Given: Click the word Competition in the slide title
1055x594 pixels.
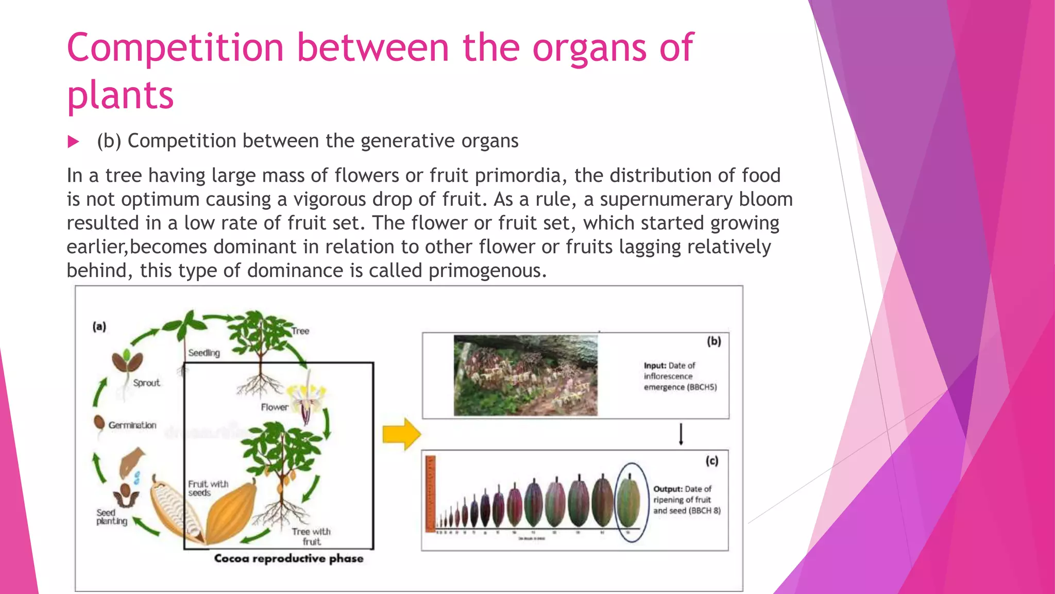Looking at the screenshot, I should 175,47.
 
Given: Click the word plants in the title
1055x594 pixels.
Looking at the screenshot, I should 120,96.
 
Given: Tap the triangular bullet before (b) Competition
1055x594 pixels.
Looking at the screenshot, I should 74,142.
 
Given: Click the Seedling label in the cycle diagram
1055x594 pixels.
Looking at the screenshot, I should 203,353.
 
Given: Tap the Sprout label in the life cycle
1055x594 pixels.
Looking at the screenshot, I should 146,383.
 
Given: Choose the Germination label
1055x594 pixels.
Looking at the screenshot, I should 132,425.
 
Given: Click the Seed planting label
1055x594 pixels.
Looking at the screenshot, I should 111,517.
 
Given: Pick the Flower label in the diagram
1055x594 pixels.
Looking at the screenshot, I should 274,407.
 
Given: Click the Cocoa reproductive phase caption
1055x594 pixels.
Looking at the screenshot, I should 288,558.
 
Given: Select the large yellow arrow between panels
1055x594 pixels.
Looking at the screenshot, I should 401,434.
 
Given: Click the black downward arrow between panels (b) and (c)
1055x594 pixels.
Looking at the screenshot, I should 680,434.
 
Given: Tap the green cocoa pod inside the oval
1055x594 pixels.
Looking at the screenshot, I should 629,502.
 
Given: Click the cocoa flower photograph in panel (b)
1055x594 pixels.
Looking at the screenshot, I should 525,375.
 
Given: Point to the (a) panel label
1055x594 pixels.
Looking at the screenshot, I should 99,326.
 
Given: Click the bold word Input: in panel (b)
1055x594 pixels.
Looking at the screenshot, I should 655,366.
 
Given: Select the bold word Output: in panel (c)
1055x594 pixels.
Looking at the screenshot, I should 668,489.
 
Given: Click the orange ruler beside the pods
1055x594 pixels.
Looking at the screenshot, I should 431,493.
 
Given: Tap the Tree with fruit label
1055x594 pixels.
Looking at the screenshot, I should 311,536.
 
